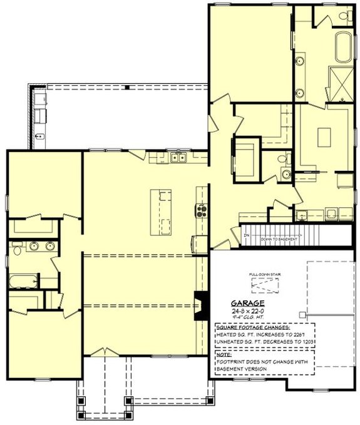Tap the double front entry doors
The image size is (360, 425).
(102, 352)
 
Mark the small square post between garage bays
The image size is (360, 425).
(301, 314)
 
